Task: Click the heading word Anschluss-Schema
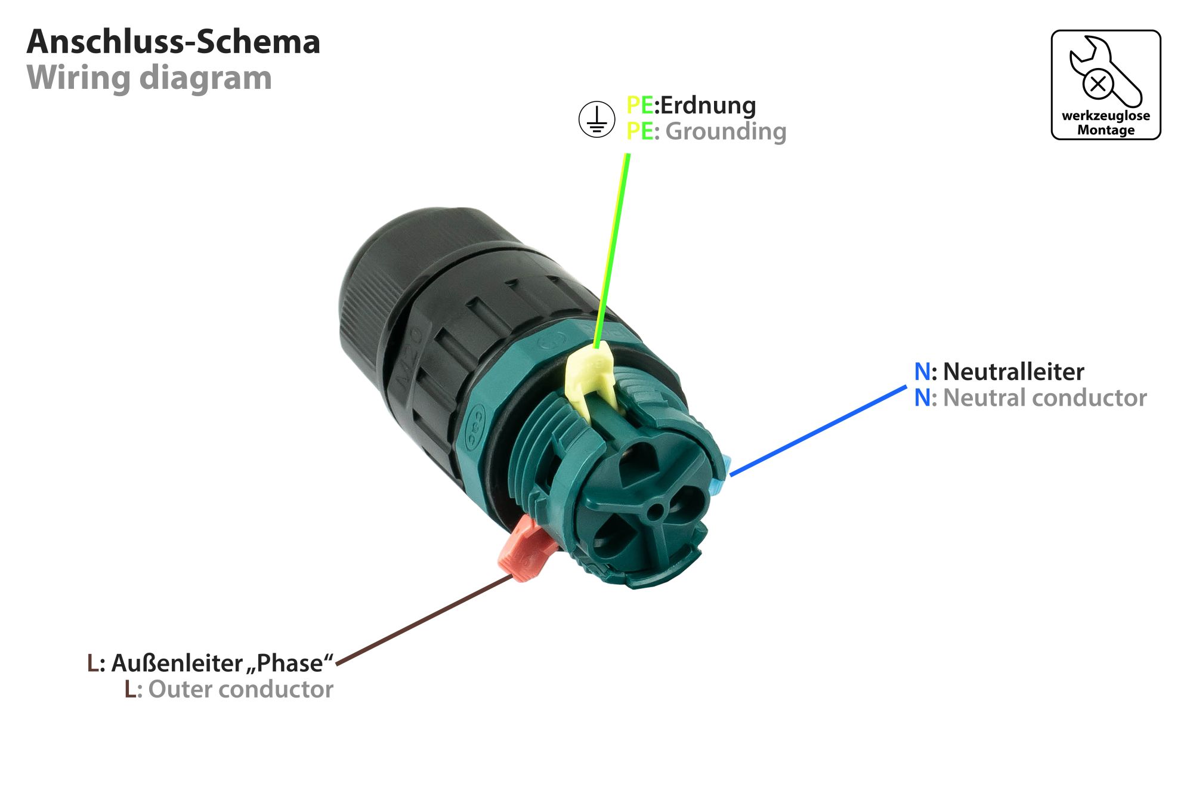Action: (174, 42)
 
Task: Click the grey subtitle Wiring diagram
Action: (149, 78)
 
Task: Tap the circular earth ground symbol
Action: (596, 119)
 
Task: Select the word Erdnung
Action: (708, 106)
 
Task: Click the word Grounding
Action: (726, 132)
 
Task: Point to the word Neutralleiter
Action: (1013, 372)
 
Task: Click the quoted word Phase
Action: (290, 664)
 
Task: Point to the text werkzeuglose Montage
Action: (1106, 123)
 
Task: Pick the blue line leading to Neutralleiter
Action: (817, 431)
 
